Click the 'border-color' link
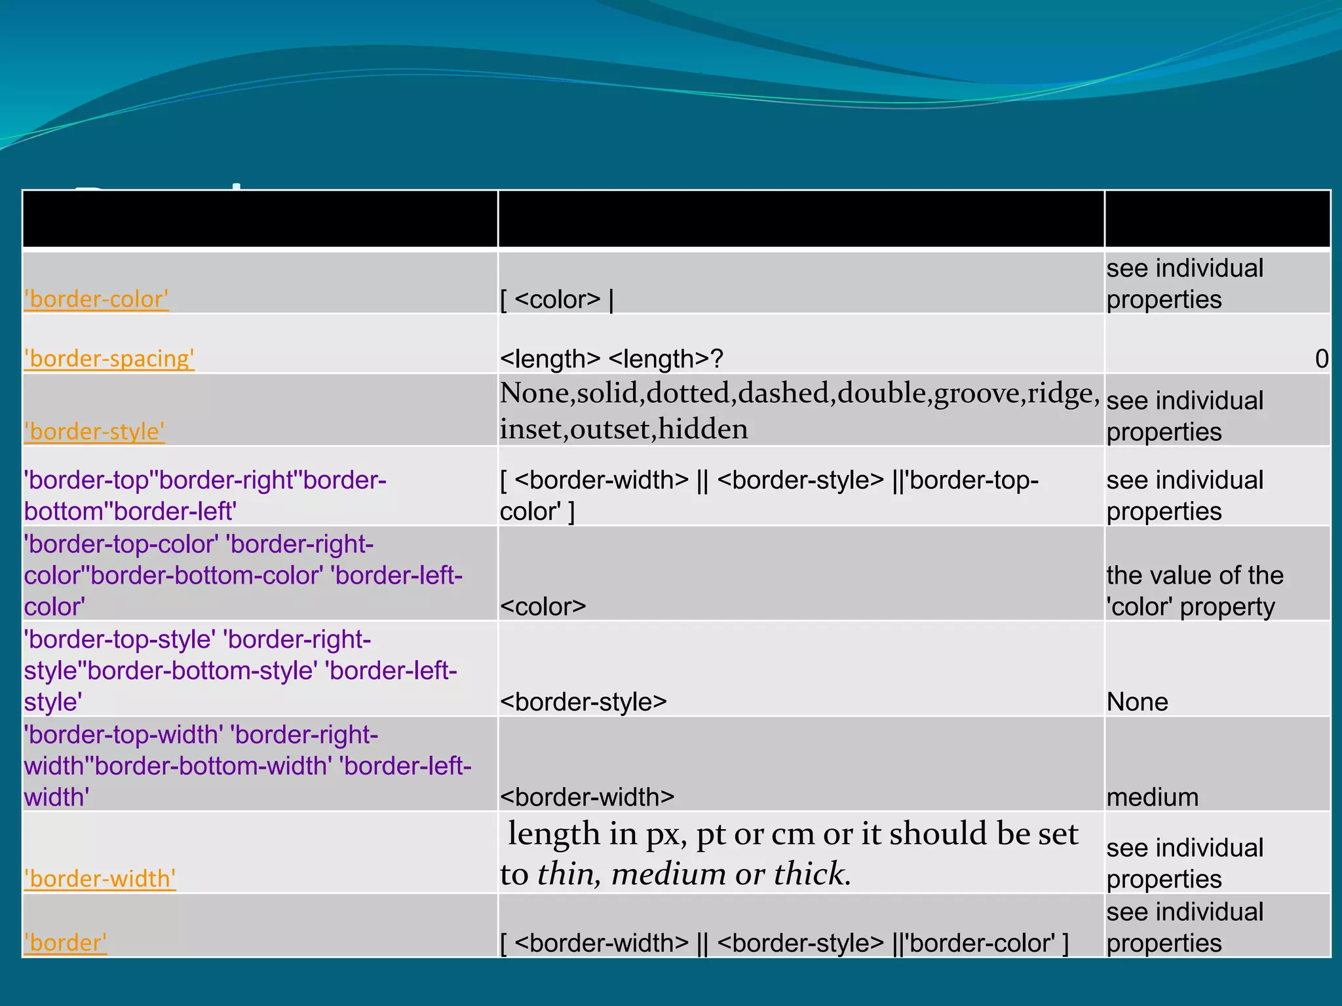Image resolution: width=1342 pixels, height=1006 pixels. [x=96, y=299]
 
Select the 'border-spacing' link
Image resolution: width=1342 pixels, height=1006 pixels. [x=109, y=359]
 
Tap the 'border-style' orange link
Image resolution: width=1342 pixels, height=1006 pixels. [x=94, y=432]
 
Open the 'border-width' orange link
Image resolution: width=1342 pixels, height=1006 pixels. [x=100, y=879]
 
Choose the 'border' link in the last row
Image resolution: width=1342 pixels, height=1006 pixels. [x=66, y=943]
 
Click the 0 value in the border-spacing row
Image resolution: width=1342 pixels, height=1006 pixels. [x=1321, y=359]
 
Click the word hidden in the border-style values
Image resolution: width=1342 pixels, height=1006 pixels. [x=703, y=430]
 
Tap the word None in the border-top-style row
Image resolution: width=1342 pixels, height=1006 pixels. [x=1137, y=702]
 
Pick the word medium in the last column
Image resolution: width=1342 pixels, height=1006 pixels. [x=1152, y=798]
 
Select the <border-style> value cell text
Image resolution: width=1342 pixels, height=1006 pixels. [x=583, y=702]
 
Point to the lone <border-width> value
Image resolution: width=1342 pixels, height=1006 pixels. [x=587, y=798]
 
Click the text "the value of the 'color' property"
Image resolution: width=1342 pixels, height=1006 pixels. [x=1194, y=591]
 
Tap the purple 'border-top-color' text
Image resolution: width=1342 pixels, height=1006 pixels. [x=121, y=544]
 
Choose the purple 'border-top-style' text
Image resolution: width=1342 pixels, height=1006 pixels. [x=120, y=639]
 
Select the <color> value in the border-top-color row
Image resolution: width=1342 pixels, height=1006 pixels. [x=543, y=607]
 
